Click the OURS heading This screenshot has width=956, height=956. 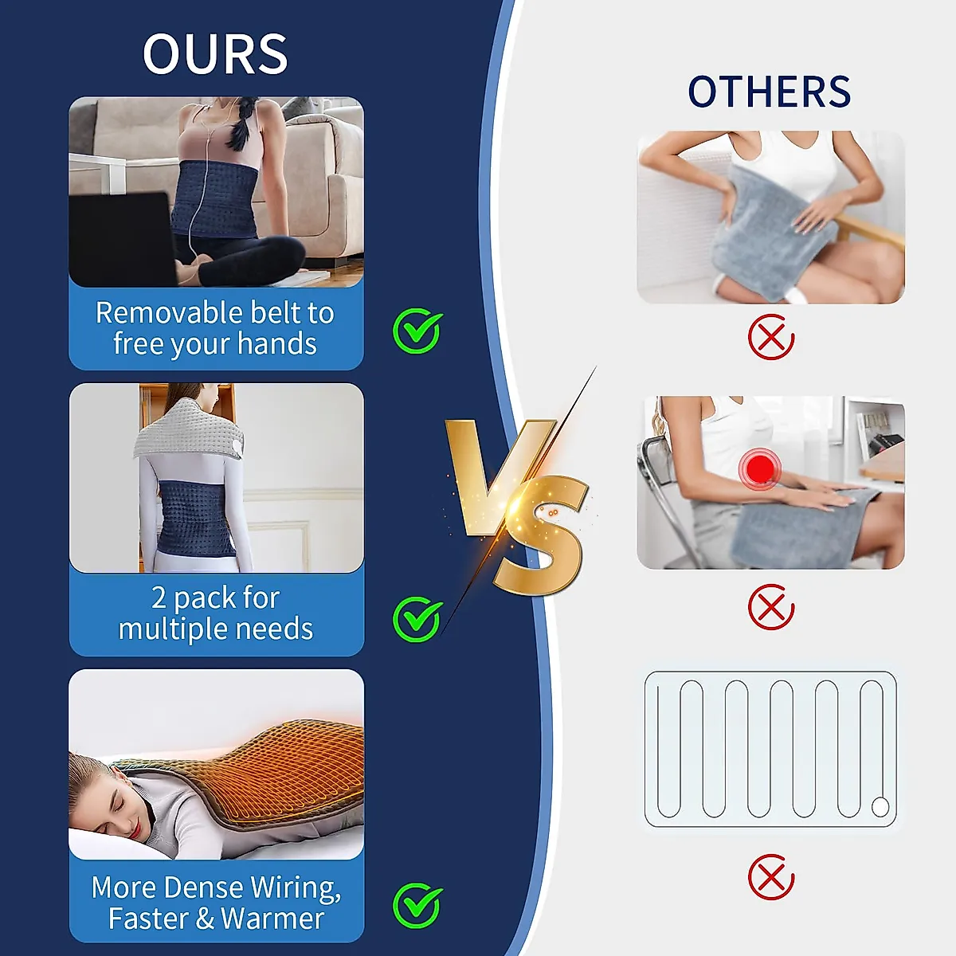[x=215, y=54]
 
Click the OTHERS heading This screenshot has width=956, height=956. [x=769, y=92]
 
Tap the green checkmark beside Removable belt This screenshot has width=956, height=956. [x=417, y=331]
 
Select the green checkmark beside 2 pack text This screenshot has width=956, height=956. [x=417, y=618]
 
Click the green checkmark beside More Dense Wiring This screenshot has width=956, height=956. [x=417, y=905]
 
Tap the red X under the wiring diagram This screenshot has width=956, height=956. [x=770, y=877]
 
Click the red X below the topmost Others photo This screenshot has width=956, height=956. [x=770, y=337]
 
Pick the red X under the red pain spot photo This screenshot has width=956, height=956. [x=770, y=607]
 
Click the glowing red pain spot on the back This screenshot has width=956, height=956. [x=760, y=468]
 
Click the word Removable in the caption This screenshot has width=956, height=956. [x=156, y=313]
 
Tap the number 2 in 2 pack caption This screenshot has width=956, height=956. [x=159, y=597]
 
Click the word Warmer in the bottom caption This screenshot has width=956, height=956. [x=272, y=919]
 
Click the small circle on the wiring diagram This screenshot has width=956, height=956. [x=880, y=807]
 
